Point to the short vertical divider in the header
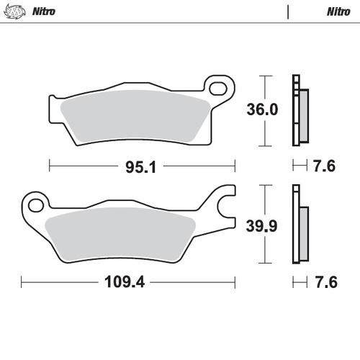pyautogui.click(x=289, y=12)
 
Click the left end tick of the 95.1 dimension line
pyautogui.click(x=49, y=166)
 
